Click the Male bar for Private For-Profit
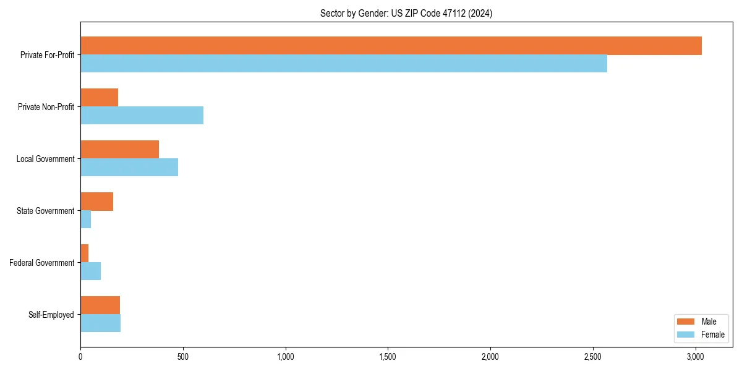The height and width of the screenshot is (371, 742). [x=391, y=46]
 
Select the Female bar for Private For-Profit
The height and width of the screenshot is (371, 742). [x=344, y=64]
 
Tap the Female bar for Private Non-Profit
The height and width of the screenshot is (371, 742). [x=142, y=116]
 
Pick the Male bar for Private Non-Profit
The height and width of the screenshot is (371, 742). [x=99, y=98]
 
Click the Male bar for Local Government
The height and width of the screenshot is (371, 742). [x=119, y=150]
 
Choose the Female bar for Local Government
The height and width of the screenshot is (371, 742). [x=129, y=168]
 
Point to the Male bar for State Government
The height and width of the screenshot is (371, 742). [x=96, y=202]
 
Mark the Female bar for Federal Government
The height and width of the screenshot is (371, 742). [x=90, y=271]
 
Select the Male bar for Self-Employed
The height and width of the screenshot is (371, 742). [x=100, y=305]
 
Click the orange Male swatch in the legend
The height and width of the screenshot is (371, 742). [x=686, y=322]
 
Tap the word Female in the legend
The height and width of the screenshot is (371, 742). [x=712, y=335]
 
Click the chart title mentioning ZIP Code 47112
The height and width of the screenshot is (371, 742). [x=406, y=13]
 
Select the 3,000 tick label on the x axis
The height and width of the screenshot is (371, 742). [x=695, y=357]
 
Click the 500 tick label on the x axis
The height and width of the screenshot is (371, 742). [x=182, y=357]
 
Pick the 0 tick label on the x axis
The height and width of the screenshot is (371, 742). [x=80, y=357]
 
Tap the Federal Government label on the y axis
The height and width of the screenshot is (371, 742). [x=42, y=263]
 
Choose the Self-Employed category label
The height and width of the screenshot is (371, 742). [x=51, y=315]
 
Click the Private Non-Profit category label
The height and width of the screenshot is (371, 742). [x=46, y=107]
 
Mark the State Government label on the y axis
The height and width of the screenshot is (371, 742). [x=45, y=211]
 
